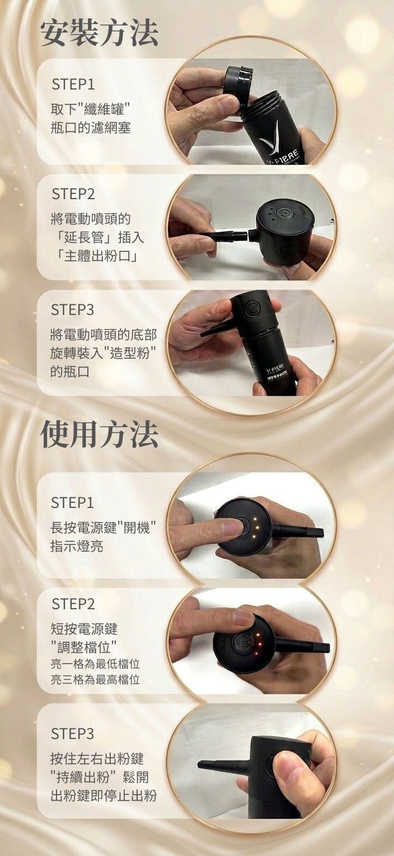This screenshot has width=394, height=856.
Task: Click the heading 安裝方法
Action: (99, 33)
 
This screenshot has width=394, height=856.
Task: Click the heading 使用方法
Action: (99, 435)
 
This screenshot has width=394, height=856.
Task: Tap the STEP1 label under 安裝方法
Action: (73, 84)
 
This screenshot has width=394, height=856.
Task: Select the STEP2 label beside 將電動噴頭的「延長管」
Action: (73, 194)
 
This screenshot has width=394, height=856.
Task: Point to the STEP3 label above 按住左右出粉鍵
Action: (73, 733)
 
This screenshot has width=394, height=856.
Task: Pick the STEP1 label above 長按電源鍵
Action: (73, 503)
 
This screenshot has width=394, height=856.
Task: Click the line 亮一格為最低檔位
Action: (95, 664)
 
